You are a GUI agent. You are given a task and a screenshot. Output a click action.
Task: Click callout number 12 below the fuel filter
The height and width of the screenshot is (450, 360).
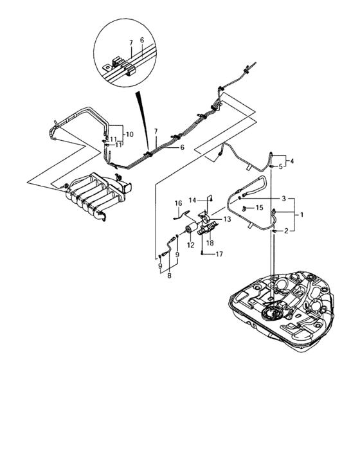[x=191, y=245]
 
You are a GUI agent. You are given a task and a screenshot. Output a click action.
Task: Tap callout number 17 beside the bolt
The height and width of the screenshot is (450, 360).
[x=219, y=254]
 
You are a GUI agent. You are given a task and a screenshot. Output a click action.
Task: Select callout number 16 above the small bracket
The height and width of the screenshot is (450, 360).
[x=178, y=203]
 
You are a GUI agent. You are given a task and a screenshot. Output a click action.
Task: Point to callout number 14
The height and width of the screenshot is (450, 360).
[x=192, y=200]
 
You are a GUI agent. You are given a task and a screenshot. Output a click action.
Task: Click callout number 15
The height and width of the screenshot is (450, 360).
[x=259, y=207]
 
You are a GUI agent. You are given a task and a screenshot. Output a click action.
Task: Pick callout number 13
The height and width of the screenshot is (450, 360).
[x=227, y=219]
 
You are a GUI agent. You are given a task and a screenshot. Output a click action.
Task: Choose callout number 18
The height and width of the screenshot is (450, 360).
[x=210, y=243]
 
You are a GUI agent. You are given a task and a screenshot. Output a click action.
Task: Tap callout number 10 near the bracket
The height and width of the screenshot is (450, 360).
[x=130, y=134]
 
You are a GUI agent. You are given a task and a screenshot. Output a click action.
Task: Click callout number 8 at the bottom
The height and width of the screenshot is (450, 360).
[x=169, y=276]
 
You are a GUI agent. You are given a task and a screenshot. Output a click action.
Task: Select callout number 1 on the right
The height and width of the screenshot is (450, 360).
[x=301, y=214]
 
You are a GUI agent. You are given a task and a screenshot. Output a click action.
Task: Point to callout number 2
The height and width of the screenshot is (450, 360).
[x=286, y=230]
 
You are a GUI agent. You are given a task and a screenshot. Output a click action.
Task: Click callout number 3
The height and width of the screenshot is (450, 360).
[x=283, y=198]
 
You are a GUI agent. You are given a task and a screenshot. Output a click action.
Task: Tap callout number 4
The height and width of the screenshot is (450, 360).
[x=292, y=161]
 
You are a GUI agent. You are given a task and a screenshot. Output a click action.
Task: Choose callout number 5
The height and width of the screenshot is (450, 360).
[x=280, y=166]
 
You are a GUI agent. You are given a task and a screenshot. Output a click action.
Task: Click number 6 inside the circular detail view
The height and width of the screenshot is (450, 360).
[x=142, y=40]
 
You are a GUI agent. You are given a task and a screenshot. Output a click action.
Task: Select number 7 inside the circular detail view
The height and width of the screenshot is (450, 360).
[x=131, y=42]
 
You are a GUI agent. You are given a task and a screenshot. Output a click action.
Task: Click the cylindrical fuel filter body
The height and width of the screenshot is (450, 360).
[x=192, y=229]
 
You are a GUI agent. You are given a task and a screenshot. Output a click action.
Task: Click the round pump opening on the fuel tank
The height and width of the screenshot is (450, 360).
[x=272, y=314]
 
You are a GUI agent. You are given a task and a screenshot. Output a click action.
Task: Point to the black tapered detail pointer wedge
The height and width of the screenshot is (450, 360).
[x=143, y=121]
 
